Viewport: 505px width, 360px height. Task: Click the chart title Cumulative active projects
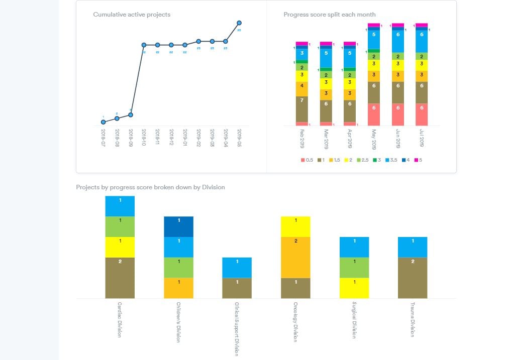pos(132,15)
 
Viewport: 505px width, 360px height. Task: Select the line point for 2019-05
pos(239,23)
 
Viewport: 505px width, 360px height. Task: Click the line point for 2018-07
pos(103,122)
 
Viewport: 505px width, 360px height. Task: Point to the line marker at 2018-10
pos(144,45)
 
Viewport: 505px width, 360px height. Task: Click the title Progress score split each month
pos(329,15)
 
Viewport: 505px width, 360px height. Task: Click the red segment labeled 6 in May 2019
pos(374,114)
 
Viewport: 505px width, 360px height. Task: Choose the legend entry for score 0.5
pos(307,160)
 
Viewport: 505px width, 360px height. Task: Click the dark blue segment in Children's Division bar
pos(178,226)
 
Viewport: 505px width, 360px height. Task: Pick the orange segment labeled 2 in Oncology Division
pos(296,257)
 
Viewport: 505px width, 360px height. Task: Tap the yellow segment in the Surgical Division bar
pos(354,288)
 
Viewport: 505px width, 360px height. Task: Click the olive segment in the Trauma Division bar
pos(413,278)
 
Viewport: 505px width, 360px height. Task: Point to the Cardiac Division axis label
pos(120,319)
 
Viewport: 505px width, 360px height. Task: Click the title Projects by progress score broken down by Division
pos(150,187)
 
